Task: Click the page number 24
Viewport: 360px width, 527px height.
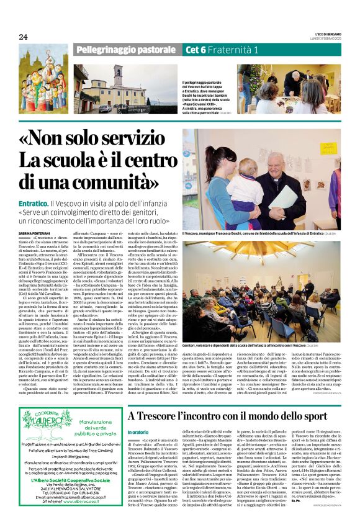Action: point(23,37)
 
